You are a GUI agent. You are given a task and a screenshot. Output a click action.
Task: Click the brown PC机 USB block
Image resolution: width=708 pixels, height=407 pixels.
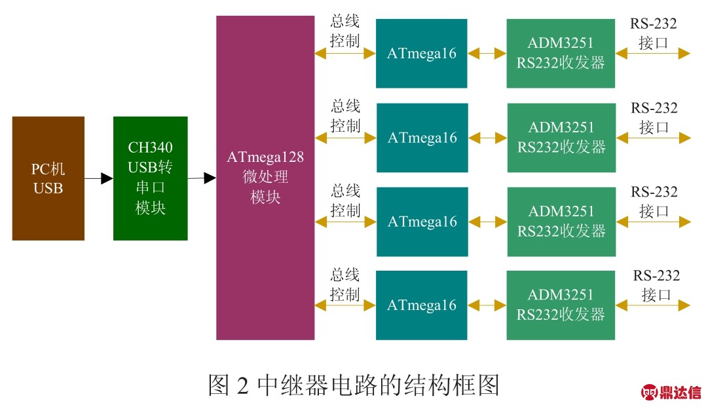48,178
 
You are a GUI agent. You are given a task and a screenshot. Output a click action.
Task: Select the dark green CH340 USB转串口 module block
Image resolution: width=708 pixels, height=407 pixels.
150,178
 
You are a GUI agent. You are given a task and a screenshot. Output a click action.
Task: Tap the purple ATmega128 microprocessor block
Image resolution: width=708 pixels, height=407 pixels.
265,177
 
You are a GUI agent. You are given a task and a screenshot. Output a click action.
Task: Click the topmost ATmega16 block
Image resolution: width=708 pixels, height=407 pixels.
421,54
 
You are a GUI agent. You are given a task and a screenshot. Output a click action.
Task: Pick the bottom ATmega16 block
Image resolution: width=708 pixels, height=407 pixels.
421,305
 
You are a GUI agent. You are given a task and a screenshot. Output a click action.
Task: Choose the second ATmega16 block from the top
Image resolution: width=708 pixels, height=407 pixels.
422,138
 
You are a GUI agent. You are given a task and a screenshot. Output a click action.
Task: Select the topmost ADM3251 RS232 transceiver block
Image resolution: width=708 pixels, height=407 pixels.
561,54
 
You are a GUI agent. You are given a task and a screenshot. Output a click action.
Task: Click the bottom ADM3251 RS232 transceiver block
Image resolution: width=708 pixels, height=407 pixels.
561,305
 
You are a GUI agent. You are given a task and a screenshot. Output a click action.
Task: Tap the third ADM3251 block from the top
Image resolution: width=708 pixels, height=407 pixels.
561,222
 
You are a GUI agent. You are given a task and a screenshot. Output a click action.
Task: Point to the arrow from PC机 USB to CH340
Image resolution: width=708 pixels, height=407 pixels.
98,178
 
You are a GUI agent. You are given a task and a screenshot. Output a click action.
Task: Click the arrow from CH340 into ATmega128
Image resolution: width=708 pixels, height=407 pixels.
202,178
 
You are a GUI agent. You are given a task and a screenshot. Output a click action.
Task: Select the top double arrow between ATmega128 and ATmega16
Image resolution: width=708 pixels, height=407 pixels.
345,54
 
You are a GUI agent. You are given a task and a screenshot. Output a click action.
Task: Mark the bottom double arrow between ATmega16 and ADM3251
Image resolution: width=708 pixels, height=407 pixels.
487,305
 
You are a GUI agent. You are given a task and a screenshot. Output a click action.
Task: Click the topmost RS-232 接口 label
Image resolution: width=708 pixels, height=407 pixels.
654,33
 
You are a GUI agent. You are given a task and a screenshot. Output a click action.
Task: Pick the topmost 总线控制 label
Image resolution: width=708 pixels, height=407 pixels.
345,31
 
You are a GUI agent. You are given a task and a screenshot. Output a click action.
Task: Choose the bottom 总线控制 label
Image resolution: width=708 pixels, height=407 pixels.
345,284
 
